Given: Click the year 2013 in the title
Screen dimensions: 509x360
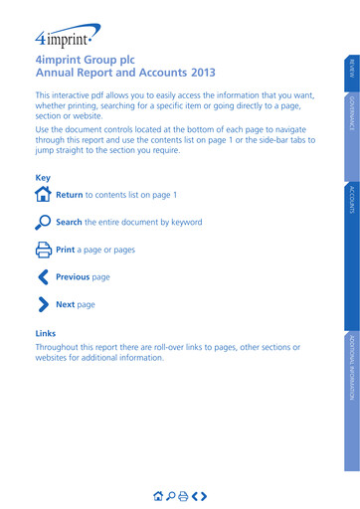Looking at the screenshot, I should (x=200, y=74).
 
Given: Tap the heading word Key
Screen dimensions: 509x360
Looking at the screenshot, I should (x=42, y=178).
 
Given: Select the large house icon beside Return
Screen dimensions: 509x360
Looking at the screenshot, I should (x=43, y=195).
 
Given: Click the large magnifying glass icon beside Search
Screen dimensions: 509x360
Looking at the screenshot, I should (x=43, y=222).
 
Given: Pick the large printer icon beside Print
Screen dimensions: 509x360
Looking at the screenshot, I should (x=43, y=250).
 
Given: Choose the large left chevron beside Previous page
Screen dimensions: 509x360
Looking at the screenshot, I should (x=43, y=277).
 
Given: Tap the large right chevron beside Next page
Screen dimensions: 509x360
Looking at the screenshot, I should (x=43, y=304).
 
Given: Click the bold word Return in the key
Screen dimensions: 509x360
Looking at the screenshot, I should (x=69, y=196).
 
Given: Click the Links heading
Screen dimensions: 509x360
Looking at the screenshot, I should (x=46, y=333).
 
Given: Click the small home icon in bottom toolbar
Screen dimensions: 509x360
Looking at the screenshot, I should (x=157, y=495).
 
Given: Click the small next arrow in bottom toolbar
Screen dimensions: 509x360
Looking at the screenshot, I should (x=204, y=495).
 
